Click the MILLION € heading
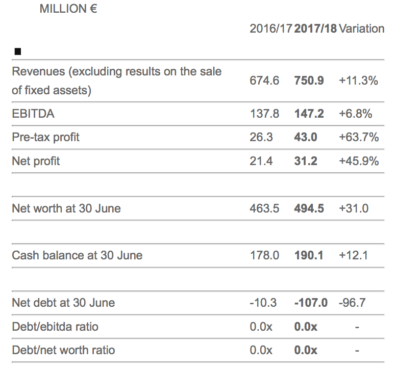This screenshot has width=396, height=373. point(68,9)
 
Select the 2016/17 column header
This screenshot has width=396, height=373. point(271,29)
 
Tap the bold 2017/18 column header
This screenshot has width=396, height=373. point(315,29)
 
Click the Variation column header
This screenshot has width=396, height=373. point(361,29)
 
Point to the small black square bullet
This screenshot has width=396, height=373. point(18,51)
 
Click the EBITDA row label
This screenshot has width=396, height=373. point(33,114)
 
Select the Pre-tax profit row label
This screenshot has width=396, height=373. point(46,137)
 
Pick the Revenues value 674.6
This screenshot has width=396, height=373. point(264,81)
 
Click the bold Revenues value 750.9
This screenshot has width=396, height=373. point(309,81)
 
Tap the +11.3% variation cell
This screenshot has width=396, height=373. point(358,81)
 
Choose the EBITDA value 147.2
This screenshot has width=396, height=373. point(309,114)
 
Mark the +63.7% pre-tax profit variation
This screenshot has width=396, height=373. point(358,137)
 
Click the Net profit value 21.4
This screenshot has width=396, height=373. point(261,161)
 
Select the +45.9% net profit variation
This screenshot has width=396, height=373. point(358,161)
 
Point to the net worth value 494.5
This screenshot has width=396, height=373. point(309,208)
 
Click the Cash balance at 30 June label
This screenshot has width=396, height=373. point(77,255)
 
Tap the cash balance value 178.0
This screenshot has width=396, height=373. point(264,255)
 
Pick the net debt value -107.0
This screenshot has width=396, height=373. point(311,303)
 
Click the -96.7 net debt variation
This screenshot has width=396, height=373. point(352,303)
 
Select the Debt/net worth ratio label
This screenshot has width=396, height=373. point(63,350)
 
